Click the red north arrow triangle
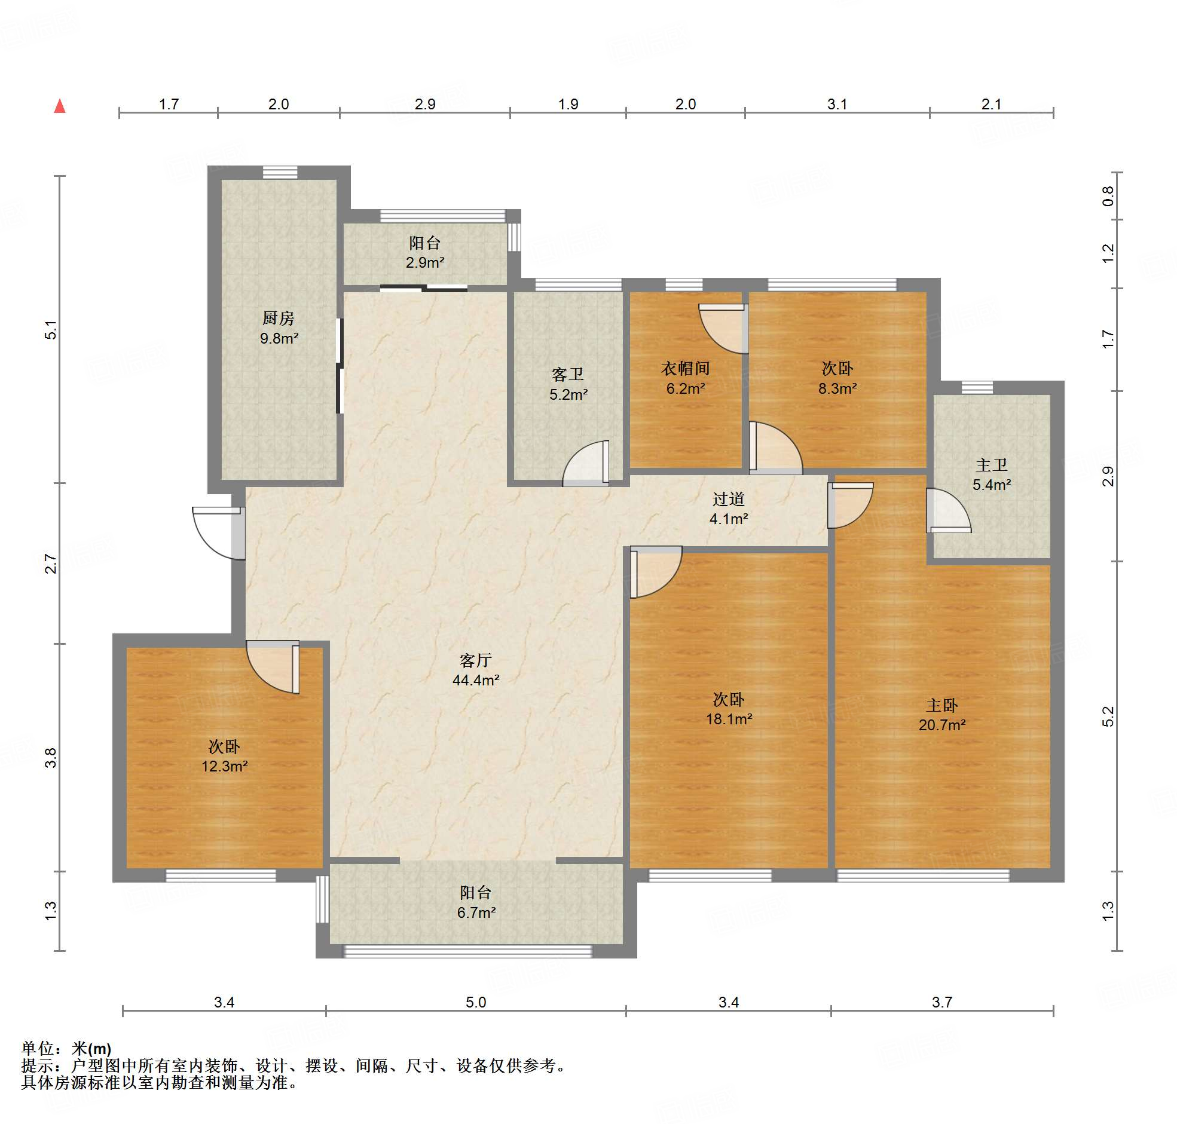[60, 106]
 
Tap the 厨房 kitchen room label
[279, 317]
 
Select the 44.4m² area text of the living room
[476, 680]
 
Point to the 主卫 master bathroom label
[992, 464]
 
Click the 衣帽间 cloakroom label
[686, 368]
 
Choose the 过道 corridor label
[729, 498]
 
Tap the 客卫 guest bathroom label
[568, 375]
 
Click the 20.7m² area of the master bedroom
[942, 725]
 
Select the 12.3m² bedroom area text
[225, 765]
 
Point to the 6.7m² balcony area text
[476, 912]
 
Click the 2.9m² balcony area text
[425, 262]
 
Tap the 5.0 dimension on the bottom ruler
[476, 1002]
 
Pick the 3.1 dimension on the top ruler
[837, 104]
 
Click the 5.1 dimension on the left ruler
[51, 330]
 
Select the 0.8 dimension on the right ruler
[1108, 196]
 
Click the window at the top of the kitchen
[280, 173]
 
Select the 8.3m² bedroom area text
[838, 388]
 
